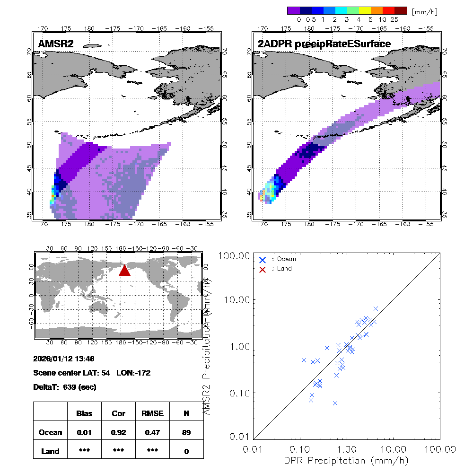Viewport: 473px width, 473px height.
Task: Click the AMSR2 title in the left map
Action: pyautogui.click(x=56, y=44)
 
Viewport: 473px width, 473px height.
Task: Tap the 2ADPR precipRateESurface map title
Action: pyautogui.click(x=324, y=44)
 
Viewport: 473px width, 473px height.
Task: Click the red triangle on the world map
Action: pyautogui.click(x=124, y=270)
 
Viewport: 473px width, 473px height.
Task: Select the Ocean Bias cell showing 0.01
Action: pyautogui.click(x=84, y=432)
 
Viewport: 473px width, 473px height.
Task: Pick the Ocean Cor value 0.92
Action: pyautogui.click(x=118, y=432)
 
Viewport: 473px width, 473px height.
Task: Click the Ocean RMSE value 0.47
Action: pyautogui.click(x=152, y=432)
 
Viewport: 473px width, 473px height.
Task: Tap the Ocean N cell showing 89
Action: pyautogui.click(x=186, y=432)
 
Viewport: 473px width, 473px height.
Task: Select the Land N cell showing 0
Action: pyautogui.click(x=186, y=451)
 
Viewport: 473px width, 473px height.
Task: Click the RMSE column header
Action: pyautogui.click(x=152, y=413)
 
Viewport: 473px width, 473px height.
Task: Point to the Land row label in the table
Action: pyautogui.click(x=50, y=451)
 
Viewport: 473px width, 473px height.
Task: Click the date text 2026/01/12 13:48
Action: pyautogui.click(x=64, y=358)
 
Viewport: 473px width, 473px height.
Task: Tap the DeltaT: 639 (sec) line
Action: pyautogui.click(x=65, y=387)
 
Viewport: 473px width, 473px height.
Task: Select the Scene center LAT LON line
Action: pyautogui.click(x=92, y=373)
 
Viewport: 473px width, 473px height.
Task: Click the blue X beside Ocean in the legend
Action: pyautogui.click(x=263, y=260)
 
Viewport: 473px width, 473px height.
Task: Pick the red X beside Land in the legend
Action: pyautogui.click(x=263, y=269)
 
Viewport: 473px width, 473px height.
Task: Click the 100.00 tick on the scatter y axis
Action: pyautogui.click(x=235, y=256)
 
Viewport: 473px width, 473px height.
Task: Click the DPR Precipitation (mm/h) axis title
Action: pyautogui.click(x=346, y=460)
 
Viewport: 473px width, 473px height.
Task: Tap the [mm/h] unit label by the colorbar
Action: pyautogui.click(x=424, y=11)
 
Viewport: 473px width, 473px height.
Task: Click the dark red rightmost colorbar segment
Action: pyautogui.click(x=401, y=10)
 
